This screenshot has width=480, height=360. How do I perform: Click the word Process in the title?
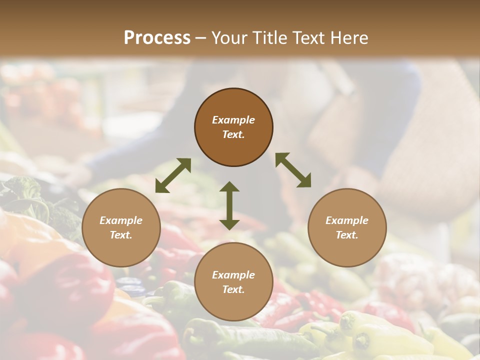(157, 38)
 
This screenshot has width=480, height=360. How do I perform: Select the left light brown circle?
(121, 227)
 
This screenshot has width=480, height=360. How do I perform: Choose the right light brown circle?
(346, 227)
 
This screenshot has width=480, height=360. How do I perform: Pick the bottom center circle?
(233, 281)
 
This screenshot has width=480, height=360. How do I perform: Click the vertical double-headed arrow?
(229, 205)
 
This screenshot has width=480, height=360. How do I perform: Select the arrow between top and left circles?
(173, 175)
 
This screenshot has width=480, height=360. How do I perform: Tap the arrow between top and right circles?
(293, 170)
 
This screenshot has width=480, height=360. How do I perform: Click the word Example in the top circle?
(233, 120)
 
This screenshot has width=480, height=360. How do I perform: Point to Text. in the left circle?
(121, 235)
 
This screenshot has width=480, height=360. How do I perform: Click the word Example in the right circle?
(346, 220)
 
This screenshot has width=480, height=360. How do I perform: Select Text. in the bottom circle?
(233, 289)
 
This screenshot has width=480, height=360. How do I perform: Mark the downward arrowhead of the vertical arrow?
(229, 223)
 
